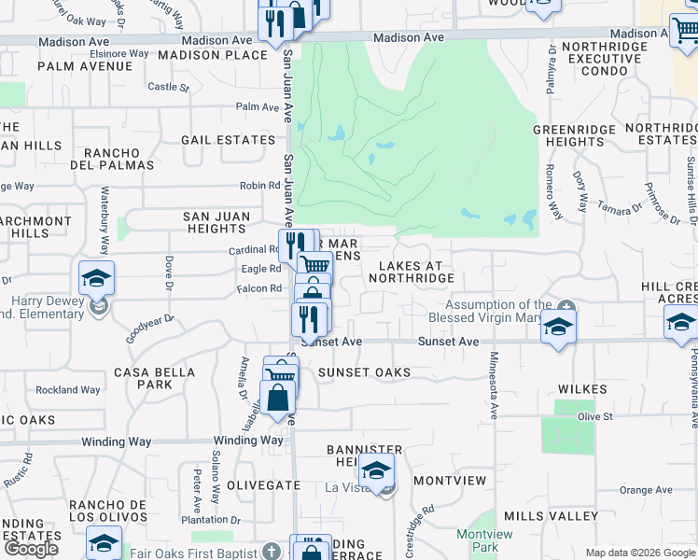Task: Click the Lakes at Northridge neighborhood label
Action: point(415,272)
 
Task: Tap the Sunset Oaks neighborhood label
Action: point(364,372)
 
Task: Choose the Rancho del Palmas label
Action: point(119,159)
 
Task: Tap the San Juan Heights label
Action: point(216,222)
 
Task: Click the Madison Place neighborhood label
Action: point(213,55)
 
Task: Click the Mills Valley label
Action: point(550,516)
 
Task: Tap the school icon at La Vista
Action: point(376,472)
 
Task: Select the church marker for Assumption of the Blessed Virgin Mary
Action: point(566,307)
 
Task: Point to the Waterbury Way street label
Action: point(105,221)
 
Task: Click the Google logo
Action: point(31,549)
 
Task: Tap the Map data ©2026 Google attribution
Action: point(639,553)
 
